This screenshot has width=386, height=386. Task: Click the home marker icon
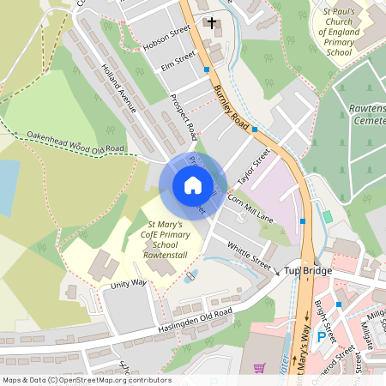tap(193, 185)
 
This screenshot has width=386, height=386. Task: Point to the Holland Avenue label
tap(118, 88)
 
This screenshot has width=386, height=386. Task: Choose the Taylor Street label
tap(254, 166)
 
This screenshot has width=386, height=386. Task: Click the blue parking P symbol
tap(322, 337)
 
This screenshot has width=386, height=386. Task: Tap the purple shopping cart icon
tap(259, 367)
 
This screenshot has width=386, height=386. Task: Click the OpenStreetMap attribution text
tap(86, 380)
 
